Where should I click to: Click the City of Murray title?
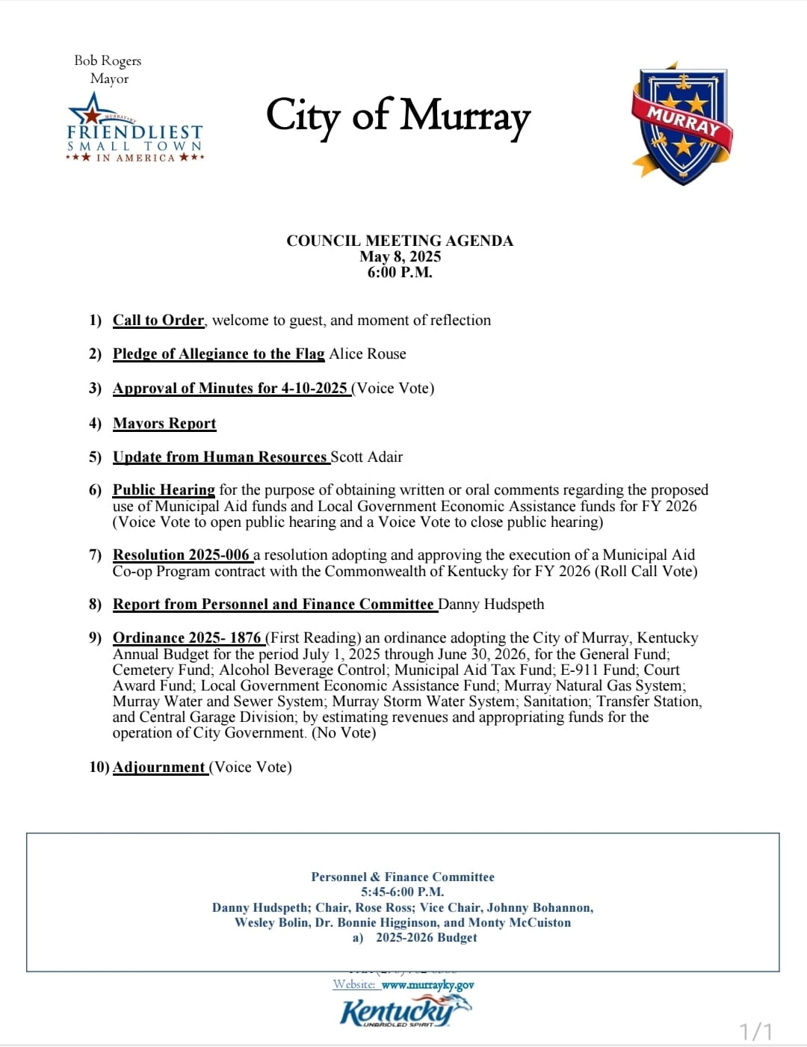(398, 117)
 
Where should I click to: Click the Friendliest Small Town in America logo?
(135, 130)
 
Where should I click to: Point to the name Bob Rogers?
(108, 61)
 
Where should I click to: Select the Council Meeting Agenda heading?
(400, 241)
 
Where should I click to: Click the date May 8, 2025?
(400, 256)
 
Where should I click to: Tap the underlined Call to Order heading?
(158, 320)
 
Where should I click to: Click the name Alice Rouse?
(368, 353)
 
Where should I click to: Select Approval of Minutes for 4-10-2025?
(230, 388)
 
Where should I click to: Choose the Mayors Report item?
(164, 423)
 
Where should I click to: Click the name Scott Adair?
(367, 457)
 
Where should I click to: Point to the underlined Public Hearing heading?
(164, 489)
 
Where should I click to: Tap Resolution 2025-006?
(181, 555)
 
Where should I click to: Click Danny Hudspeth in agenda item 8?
(491, 604)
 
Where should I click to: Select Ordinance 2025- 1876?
(187, 637)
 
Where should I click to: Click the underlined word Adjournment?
(159, 767)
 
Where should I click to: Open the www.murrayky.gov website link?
(427, 985)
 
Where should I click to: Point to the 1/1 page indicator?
(755, 1032)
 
